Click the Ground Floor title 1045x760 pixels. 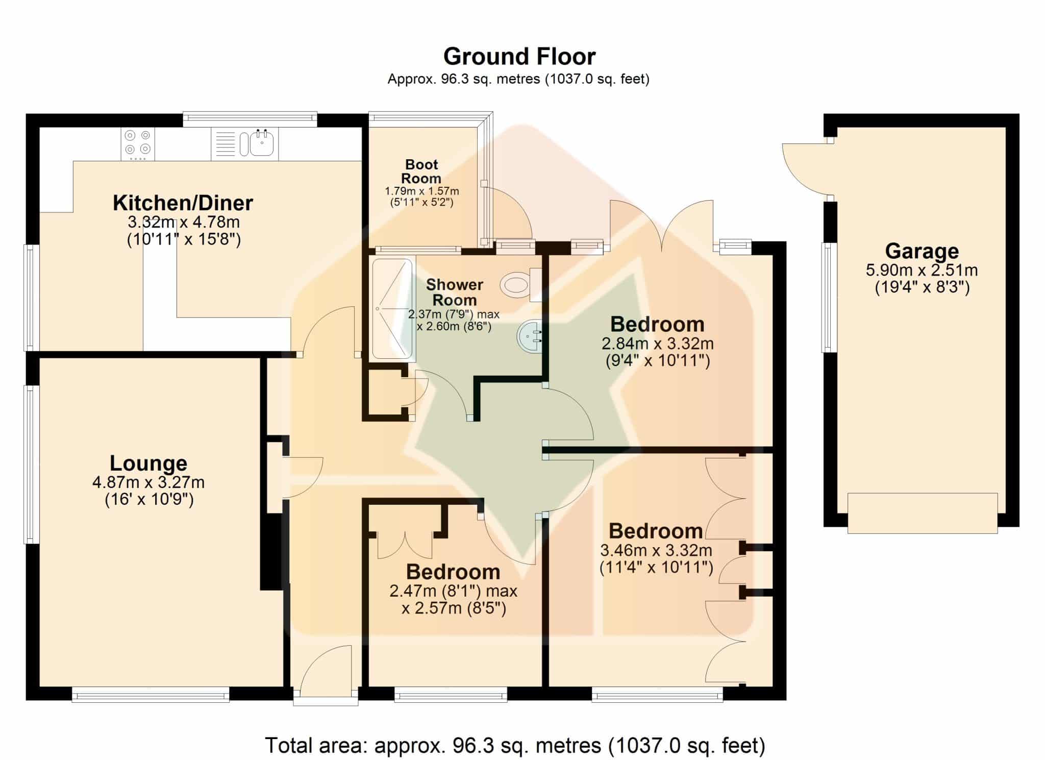tap(519, 57)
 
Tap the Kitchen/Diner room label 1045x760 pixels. tap(183, 203)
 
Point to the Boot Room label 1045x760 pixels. tap(421, 171)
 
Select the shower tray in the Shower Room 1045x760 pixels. tap(392, 309)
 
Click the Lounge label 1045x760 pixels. tap(148, 463)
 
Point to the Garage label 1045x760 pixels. tap(922, 251)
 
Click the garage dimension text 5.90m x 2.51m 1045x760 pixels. tap(922, 271)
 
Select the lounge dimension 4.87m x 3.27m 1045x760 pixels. tap(148, 482)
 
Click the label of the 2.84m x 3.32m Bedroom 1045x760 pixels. tap(657, 325)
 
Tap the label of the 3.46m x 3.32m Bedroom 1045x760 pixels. tap(656, 531)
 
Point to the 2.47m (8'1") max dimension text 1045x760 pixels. tap(453, 591)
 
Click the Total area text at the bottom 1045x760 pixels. tap(515, 746)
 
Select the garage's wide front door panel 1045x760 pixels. tap(922, 513)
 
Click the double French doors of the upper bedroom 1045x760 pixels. tap(661, 225)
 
